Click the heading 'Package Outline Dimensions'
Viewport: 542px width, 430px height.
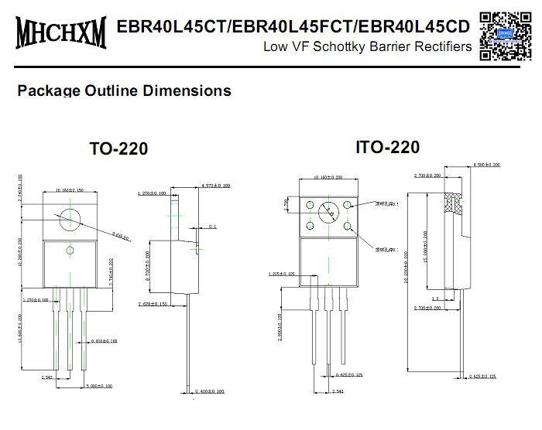pyautogui.click(x=124, y=90)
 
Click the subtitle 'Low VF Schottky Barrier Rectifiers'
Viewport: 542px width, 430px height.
pyautogui.click(x=367, y=47)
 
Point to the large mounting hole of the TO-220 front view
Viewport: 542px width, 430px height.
pyautogui.click(x=70, y=219)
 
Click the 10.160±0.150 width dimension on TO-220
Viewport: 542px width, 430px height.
pyautogui.click(x=70, y=190)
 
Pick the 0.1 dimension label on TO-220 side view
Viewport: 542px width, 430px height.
pyautogui.click(x=213, y=227)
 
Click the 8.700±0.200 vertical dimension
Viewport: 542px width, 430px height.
pyautogui.click(x=148, y=264)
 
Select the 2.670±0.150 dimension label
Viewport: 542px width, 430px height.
pyautogui.click(x=151, y=304)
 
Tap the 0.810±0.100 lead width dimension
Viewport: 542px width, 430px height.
pyautogui.click(x=105, y=340)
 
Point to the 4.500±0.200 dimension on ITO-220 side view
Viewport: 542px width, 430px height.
pyautogui.click(x=486, y=165)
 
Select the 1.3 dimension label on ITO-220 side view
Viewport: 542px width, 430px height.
pyautogui.click(x=435, y=298)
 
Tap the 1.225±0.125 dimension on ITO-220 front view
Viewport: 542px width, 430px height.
pyautogui.click(x=282, y=273)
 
